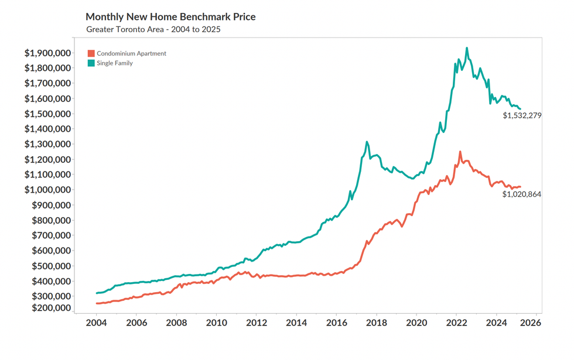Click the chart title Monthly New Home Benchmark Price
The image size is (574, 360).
(x=170, y=16)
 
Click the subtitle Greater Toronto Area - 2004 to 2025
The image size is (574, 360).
(x=153, y=29)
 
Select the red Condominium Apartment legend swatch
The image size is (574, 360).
(x=91, y=53)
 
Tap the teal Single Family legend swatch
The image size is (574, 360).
(x=91, y=63)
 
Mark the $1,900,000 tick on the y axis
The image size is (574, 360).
(x=47, y=53)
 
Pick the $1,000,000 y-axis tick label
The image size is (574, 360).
(x=47, y=190)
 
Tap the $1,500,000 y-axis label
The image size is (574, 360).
(x=47, y=114)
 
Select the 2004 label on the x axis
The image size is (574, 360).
(x=96, y=323)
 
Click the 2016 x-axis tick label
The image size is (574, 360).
(x=336, y=323)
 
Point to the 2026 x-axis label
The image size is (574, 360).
(x=537, y=323)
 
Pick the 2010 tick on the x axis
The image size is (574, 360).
(x=216, y=323)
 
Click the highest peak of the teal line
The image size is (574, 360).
(x=466, y=48)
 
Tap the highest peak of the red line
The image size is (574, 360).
(x=460, y=152)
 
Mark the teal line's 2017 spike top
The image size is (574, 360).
(x=367, y=142)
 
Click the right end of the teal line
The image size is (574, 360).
(x=520, y=109)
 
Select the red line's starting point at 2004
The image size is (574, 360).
(x=97, y=303)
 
